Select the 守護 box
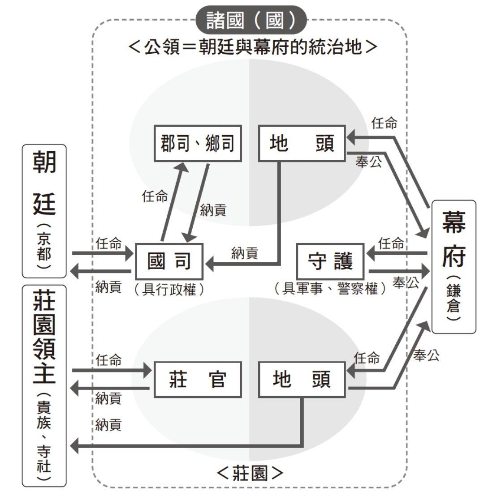point(331,261)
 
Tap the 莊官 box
point(198,380)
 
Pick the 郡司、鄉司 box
point(198,143)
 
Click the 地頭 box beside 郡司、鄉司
point(302,143)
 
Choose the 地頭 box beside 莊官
point(302,380)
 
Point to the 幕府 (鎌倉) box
point(453,266)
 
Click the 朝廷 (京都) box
point(44,210)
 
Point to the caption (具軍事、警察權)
point(331,289)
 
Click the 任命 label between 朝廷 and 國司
point(108,244)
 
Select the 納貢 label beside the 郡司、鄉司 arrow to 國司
point(213,210)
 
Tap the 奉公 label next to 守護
point(406,283)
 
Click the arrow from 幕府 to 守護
point(397,254)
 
